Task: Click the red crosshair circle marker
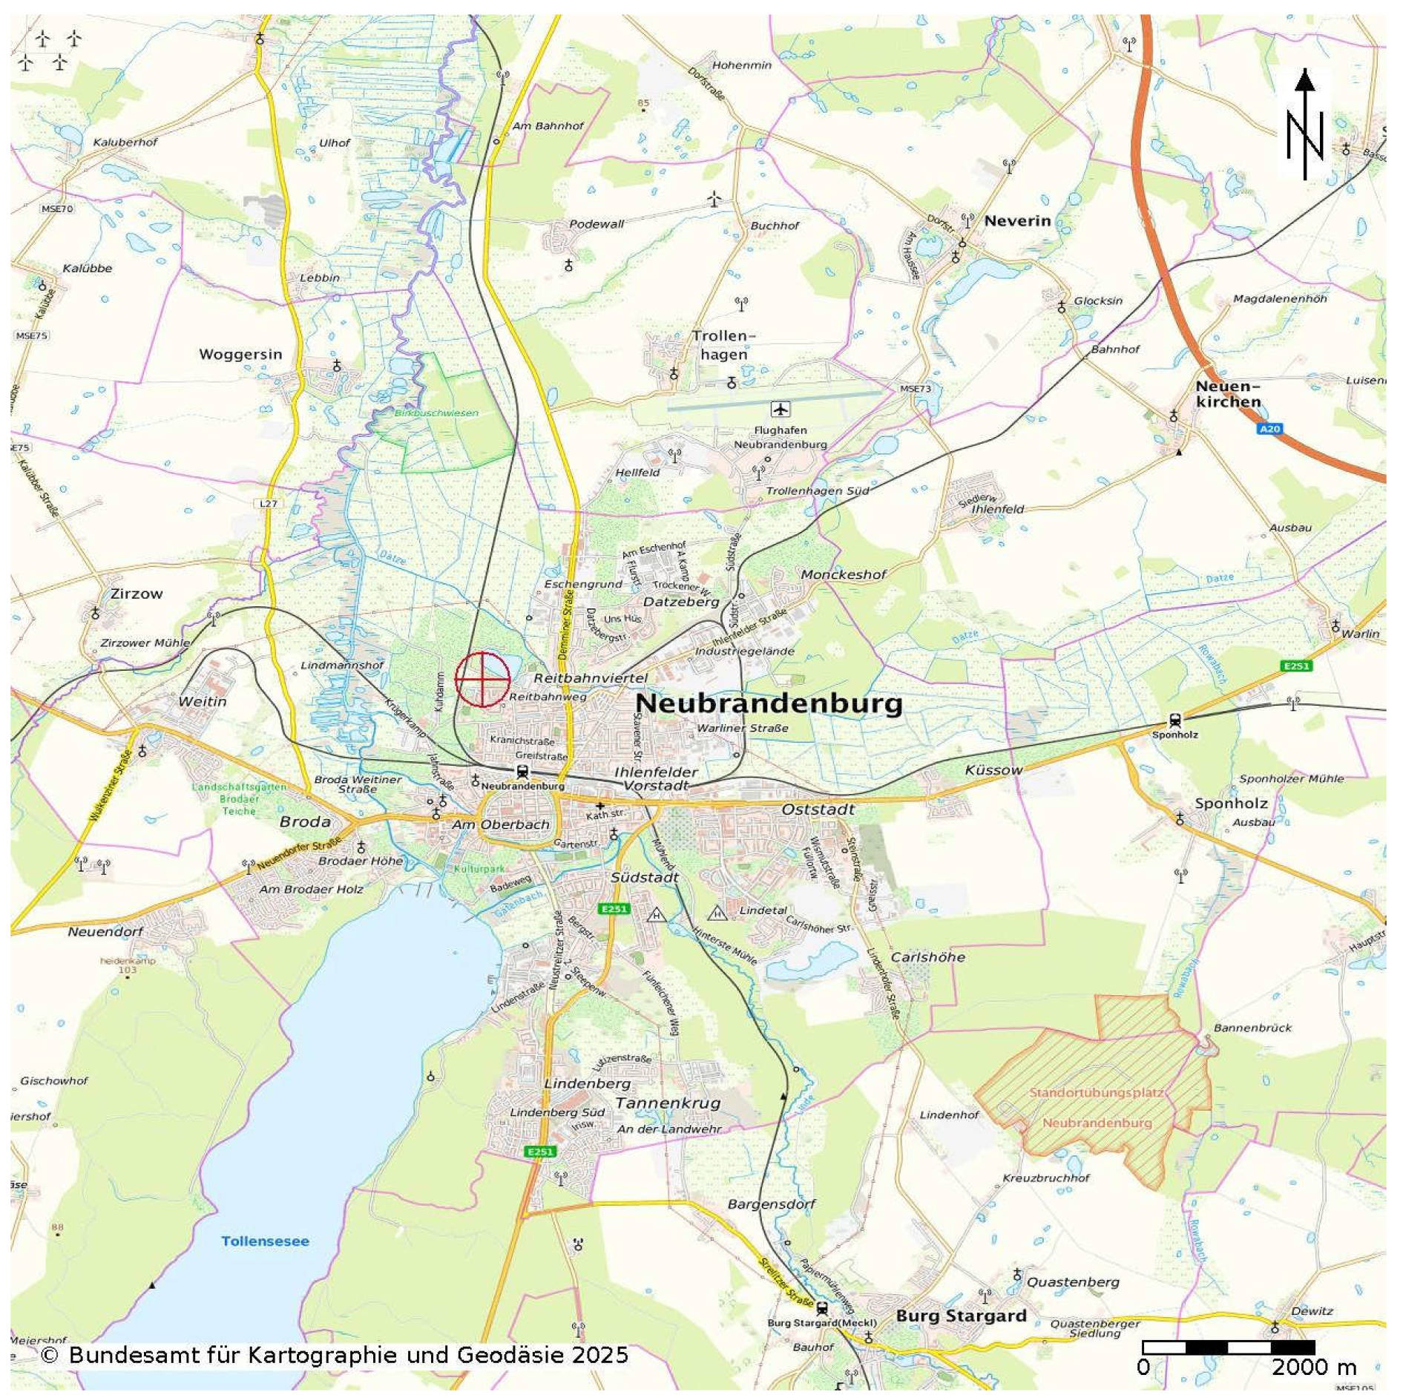point(482,679)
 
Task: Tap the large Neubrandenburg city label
point(769,703)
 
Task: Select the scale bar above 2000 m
point(1228,1347)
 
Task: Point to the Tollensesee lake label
point(265,1241)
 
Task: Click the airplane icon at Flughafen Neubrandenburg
point(780,409)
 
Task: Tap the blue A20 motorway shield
point(1269,429)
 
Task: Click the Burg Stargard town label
point(961,1316)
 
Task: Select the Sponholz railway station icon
point(1174,720)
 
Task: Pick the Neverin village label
point(1017,220)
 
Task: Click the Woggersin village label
point(240,354)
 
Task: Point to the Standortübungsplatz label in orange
point(1096,1093)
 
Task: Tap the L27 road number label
point(268,503)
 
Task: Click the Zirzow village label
point(137,594)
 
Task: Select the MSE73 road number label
point(915,388)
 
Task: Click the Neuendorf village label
point(105,931)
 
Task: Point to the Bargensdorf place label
point(771,1204)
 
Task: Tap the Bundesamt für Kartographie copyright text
point(334,1356)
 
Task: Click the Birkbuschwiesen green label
point(436,413)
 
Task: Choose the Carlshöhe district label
point(927,957)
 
